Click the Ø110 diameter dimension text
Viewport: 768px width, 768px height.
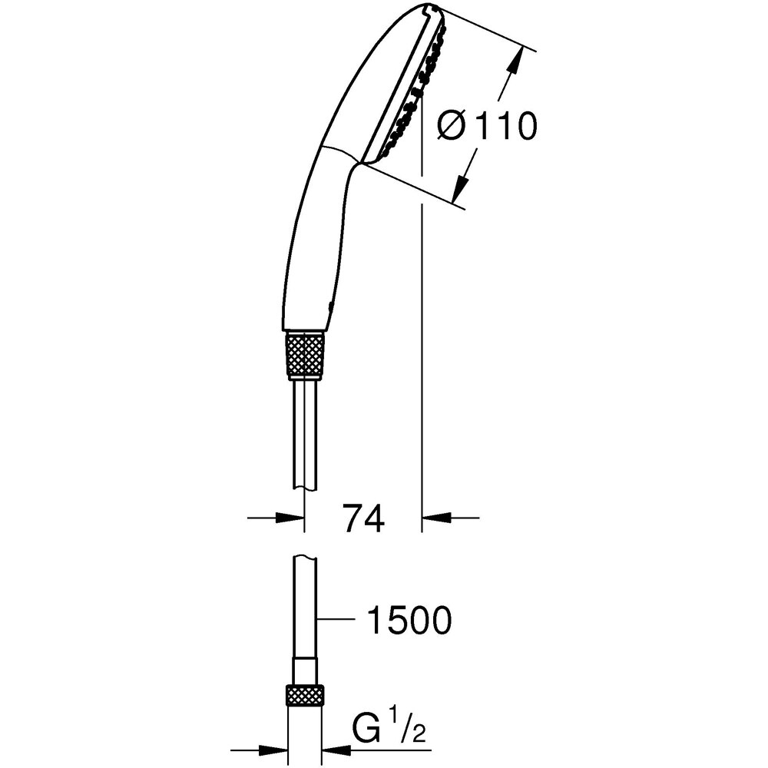point(485,127)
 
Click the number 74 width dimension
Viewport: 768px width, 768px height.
point(362,520)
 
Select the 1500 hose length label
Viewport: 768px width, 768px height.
point(407,621)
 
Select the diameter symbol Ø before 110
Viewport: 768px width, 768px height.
point(452,127)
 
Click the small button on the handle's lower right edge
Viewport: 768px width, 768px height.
point(331,306)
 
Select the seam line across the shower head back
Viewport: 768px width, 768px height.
point(338,153)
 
